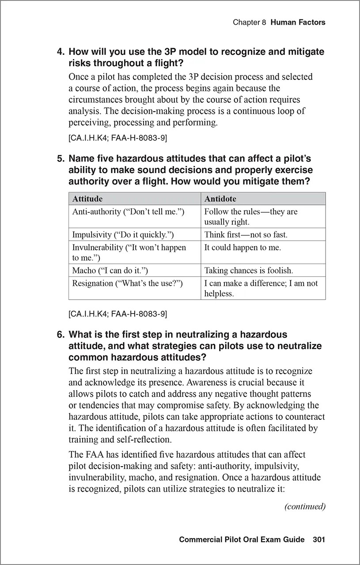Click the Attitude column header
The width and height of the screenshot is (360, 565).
[x=87, y=199]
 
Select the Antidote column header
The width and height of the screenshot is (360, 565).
[x=220, y=199]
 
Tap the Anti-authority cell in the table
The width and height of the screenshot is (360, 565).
[x=128, y=212]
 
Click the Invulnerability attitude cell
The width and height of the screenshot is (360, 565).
[x=129, y=252]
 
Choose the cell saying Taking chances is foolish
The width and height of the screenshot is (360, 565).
[x=248, y=270]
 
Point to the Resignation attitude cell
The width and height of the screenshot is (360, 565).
[x=127, y=283]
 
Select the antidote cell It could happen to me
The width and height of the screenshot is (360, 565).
[x=243, y=248]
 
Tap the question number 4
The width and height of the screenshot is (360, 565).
[x=61, y=52]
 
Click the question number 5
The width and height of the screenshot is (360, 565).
[x=61, y=158]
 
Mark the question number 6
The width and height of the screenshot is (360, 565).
[x=61, y=335]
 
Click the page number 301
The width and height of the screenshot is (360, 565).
[x=319, y=539]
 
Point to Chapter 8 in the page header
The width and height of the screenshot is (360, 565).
[x=249, y=22]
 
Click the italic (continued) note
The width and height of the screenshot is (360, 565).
[x=305, y=506]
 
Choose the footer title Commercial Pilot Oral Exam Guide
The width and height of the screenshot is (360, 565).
[x=242, y=539]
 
